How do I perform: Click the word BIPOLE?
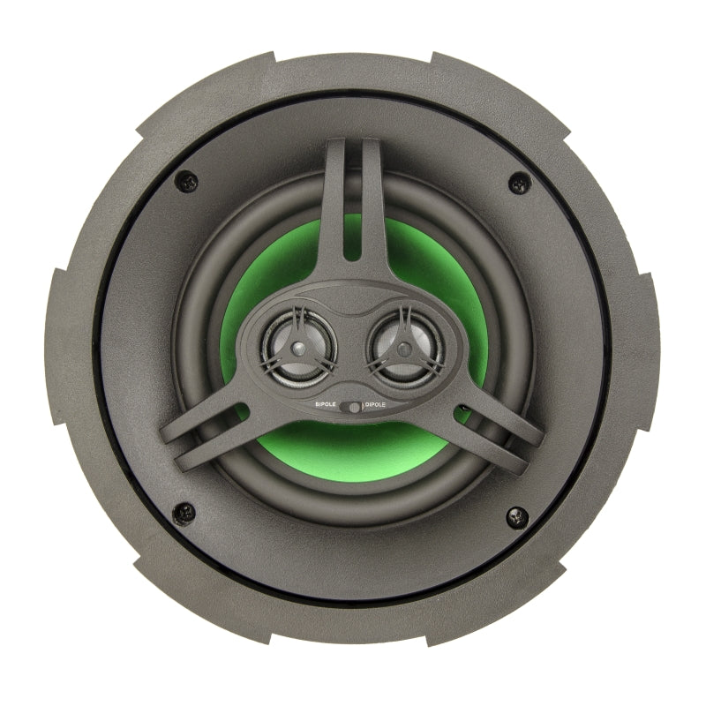pyautogui.click(x=326, y=404)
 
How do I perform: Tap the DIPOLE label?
pyautogui.click(x=375, y=405)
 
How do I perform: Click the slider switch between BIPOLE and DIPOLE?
pyautogui.click(x=350, y=408)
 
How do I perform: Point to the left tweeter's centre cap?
pyautogui.click(x=297, y=348)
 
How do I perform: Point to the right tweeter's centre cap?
pyautogui.click(x=404, y=348)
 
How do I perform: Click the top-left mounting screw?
pyautogui.click(x=186, y=182)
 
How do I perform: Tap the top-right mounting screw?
pyautogui.click(x=519, y=183)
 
